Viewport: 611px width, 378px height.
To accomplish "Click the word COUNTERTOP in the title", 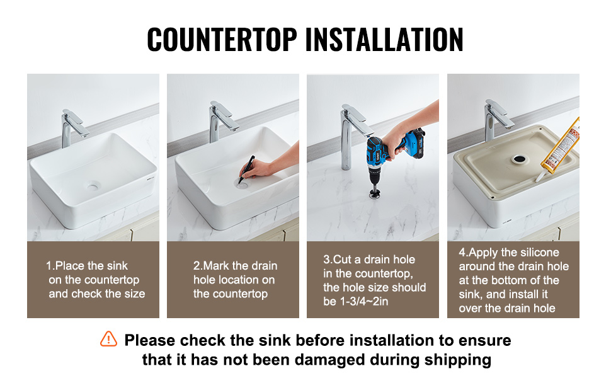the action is pyautogui.click(x=222, y=39).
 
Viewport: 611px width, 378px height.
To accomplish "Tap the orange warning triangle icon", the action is pyautogui.click(x=108, y=339).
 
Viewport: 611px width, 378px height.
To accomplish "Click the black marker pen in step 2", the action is pyautogui.click(x=246, y=169).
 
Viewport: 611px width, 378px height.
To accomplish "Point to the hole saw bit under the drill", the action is pyautogui.click(x=374, y=193).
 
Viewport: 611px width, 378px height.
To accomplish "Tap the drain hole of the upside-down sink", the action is pyautogui.click(x=518, y=159).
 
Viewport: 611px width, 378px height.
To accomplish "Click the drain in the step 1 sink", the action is pyautogui.click(x=93, y=187).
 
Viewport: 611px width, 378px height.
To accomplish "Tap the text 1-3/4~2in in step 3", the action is pyautogui.click(x=355, y=301).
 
